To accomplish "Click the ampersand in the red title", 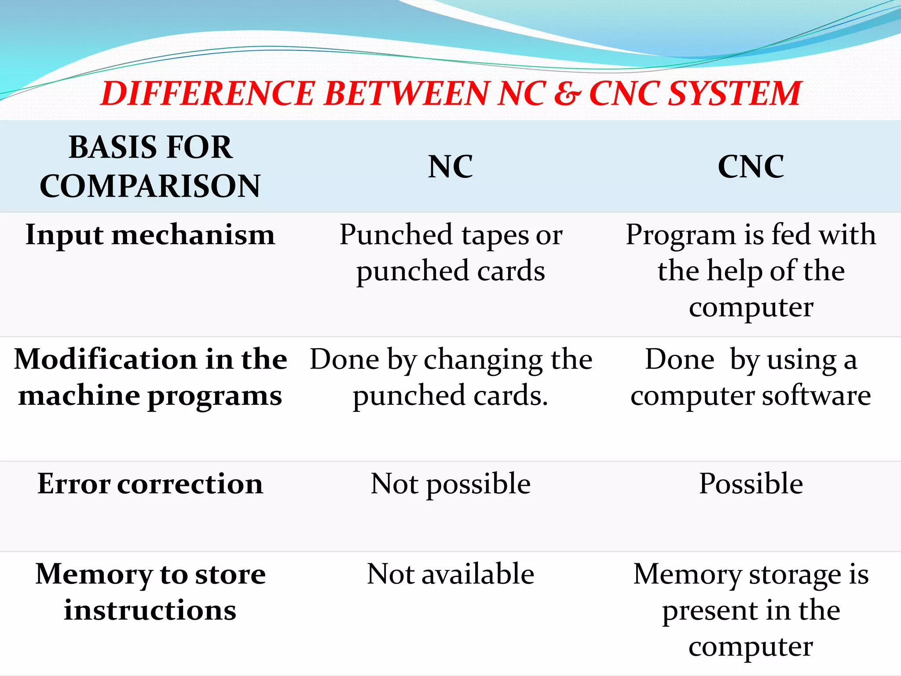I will click(x=568, y=94).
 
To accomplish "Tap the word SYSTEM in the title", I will click(x=735, y=94).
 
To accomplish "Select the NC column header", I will click(x=450, y=167).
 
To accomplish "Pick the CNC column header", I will click(x=751, y=167).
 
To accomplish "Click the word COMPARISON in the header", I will click(x=150, y=186).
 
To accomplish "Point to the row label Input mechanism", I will click(x=150, y=235).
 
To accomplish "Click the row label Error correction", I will click(x=150, y=484).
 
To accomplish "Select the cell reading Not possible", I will click(x=450, y=484).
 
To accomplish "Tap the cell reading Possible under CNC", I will click(x=751, y=484).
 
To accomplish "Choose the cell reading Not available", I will click(x=450, y=574).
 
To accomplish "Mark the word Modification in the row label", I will click(x=106, y=360).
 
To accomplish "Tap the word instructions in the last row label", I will click(x=150, y=611).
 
